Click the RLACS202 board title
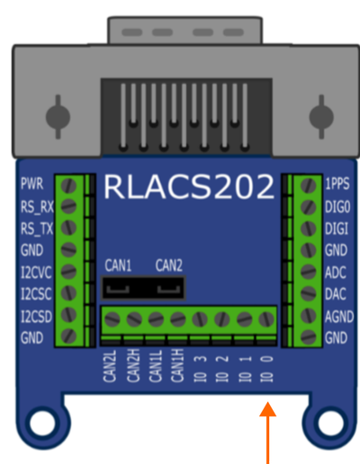(x=188, y=187)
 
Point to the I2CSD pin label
(x=36, y=316)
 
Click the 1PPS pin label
(x=339, y=183)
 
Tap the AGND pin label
(x=339, y=316)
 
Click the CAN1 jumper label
(x=118, y=265)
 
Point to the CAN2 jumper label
(x=168, y=265)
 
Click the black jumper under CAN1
(x=121, y=288)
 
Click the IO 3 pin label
(x=201, y=369)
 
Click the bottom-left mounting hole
(x=40, y=420)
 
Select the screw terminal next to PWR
(x=67, y=184)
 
